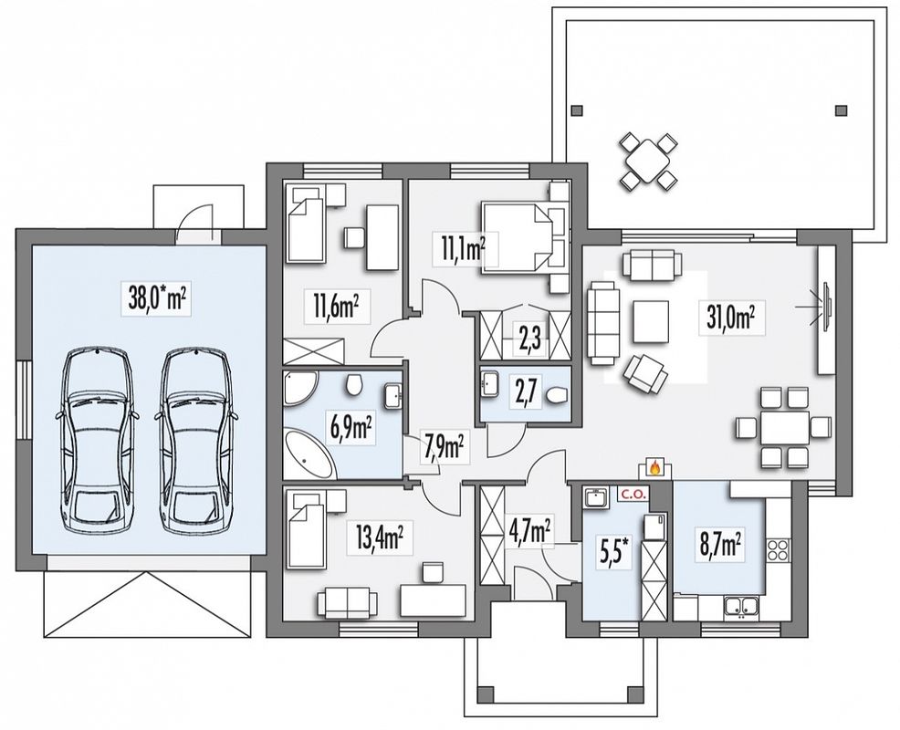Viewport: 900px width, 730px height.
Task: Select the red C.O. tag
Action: [633, 493]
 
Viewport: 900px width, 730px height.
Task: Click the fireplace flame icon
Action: [654, 468]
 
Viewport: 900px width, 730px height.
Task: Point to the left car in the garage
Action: [97, 440]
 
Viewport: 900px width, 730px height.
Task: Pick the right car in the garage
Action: [195, 440]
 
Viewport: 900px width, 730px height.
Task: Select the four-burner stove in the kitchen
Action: [779, 550]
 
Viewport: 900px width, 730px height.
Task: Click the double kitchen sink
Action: [742, 606]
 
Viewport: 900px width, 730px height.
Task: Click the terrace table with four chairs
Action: [648, 162]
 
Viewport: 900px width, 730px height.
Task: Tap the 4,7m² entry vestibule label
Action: [528, 531]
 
